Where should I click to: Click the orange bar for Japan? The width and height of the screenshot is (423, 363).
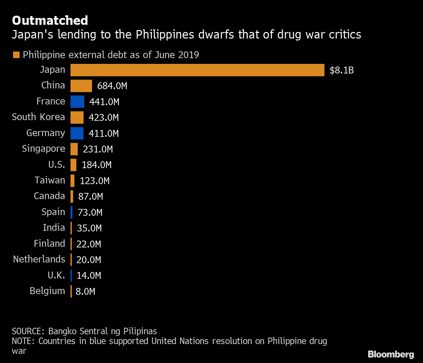(x=197, y=70)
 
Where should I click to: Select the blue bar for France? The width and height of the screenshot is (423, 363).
(x=77, y=102)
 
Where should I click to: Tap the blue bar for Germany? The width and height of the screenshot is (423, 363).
(x=77, y=133)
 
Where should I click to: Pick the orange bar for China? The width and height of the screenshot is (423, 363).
(x=81, y=86)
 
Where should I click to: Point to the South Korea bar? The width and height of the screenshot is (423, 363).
(x=77, y=117)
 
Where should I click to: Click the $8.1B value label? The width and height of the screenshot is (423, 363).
(x=341, y=70)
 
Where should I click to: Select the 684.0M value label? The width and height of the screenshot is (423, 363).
(x=112, y=86)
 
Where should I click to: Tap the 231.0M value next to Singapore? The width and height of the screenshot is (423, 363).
(x=98, y=149)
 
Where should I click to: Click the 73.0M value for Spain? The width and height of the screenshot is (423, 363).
(x=90, y=213)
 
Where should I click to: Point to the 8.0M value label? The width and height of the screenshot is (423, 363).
(x=85, y=292)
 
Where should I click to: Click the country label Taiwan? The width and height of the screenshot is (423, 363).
(x=50, y=180)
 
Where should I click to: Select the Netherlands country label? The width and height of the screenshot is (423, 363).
(x=39, y=259)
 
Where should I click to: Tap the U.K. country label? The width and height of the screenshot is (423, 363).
(x=56, y=275)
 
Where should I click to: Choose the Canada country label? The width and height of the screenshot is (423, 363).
(x=49, y=196)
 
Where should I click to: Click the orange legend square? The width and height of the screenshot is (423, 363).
(x=16, y=55)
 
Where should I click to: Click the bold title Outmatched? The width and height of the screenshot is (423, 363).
(x=50, y=20)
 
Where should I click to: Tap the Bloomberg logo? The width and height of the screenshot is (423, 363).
(x=391, y=354)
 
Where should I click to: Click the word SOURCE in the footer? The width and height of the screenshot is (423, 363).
(x=27, y=331)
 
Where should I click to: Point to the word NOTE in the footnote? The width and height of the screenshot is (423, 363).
(x=23, y=341)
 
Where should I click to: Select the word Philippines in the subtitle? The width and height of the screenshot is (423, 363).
(x=166, y=35)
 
